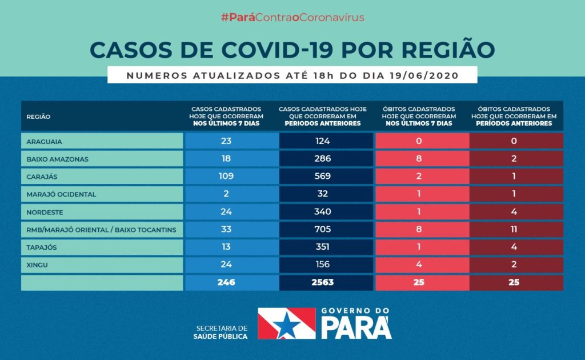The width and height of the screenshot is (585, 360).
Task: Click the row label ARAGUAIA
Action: click(45, 141)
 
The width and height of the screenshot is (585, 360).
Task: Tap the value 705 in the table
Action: click(322, 230)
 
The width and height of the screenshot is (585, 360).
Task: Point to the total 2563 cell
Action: click(322, 282)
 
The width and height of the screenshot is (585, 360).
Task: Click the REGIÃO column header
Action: click(38, 117)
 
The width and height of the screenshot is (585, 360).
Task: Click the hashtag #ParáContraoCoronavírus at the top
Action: click(292, 17)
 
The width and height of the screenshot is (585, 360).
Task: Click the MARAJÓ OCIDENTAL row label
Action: click(61, 194)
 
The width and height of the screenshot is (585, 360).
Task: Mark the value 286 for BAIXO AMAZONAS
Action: click(322, 159)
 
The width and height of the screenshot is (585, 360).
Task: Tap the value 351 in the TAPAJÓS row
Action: click(322, 247)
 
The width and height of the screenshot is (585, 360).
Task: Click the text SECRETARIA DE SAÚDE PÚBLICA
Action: click(221, 333)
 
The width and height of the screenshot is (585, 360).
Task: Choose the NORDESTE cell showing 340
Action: click(322, 212)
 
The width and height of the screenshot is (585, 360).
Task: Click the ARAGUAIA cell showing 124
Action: click(322, 141)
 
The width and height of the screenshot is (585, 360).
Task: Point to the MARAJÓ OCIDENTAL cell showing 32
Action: click(322, 194)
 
